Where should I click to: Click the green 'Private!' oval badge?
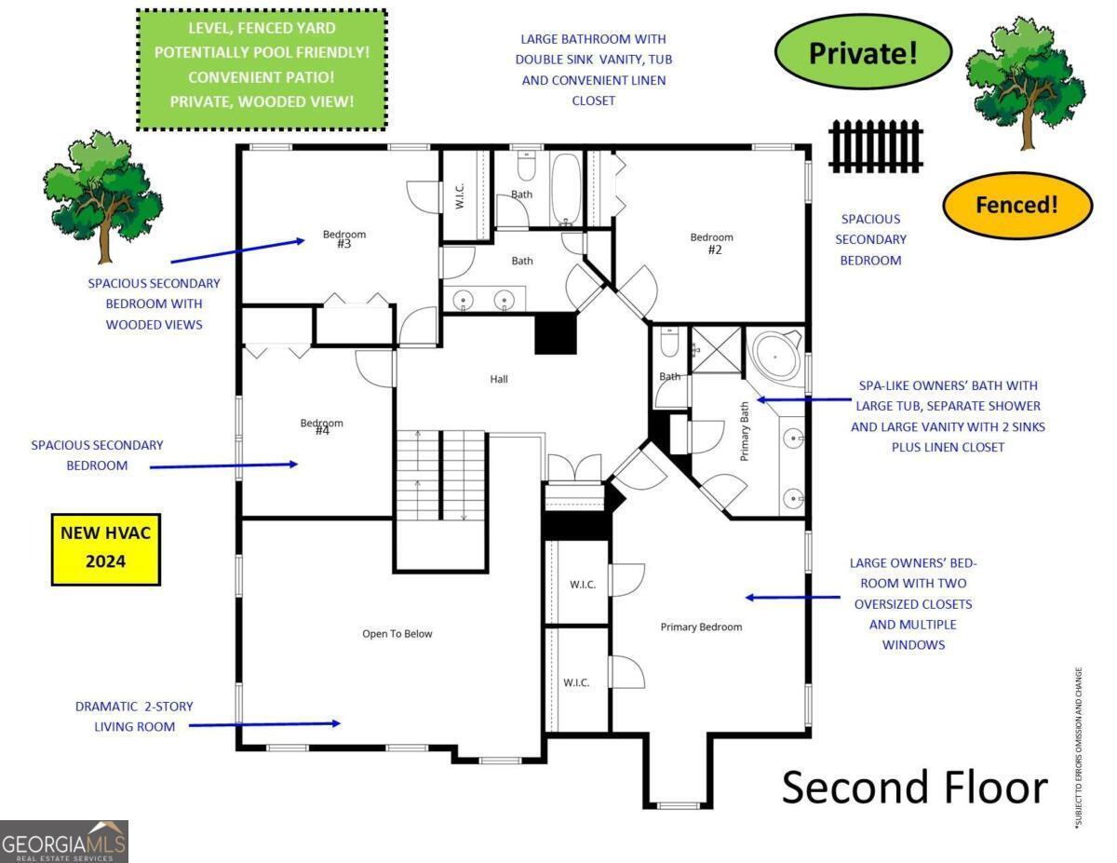click(863, 52)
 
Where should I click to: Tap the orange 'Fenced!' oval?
click(1016, 205)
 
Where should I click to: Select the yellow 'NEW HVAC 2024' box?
click(106, 549)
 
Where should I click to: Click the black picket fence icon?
click(875, 146)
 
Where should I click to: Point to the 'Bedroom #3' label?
click(344, 239)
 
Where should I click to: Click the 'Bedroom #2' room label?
click(712, 243)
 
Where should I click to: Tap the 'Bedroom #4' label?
click(322, 426)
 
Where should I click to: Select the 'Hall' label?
click(499, 379)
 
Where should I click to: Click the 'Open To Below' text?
click(397, 634)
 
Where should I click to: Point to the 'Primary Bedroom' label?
click(701, 627)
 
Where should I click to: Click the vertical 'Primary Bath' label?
click(745, 431)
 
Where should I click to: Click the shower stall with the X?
click(716, 350)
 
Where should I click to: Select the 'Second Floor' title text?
click(915, 788)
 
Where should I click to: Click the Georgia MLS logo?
click(63, 842)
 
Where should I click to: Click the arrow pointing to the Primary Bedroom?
click(793, 598)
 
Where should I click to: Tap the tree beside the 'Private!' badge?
click(1026, 83)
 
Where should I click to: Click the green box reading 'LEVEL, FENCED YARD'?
click(262, 70)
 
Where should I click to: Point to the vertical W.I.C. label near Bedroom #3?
click(460, 196)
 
